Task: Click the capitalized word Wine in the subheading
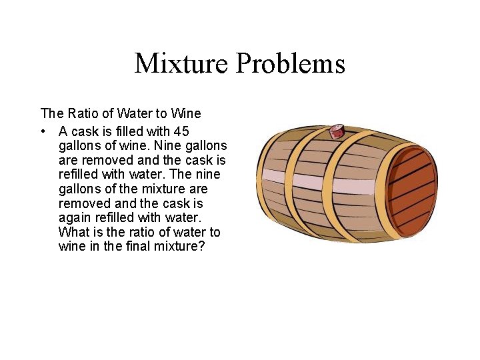pos(186,113)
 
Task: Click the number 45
pos(181,131)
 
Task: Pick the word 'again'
pos(73,218)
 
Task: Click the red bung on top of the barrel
pos(337,130)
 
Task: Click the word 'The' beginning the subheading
pos(51,113)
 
